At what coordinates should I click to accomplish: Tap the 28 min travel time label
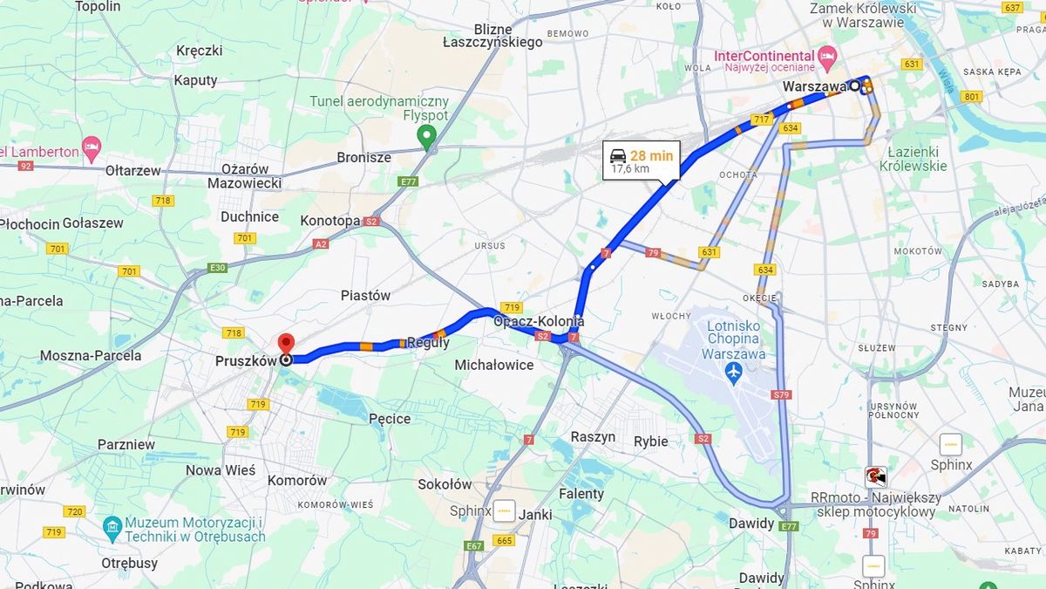coord(652,155)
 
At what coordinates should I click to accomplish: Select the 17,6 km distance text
coord(629,169)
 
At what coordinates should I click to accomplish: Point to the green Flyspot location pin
coord(426,136)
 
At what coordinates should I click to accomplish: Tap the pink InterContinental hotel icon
coord(827,56)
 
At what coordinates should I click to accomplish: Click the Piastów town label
coord(365,296)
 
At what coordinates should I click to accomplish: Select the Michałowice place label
coord(494,365)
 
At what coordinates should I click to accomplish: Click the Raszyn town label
coord(593,436)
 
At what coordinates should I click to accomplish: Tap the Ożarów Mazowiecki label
coord(244,175)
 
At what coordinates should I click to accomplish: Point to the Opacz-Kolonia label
coord(539,321)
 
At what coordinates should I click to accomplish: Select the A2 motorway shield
coord(321,244)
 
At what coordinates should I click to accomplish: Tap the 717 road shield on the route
coord(761,119)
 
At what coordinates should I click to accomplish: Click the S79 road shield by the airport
coord(781,395)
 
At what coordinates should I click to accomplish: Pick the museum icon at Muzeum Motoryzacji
coord(112,527)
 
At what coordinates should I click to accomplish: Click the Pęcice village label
coord(390,419)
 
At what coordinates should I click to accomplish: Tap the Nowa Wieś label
coord(221,470)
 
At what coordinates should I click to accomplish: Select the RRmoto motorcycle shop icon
coord(873,476)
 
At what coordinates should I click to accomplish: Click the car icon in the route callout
coord(617,155)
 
